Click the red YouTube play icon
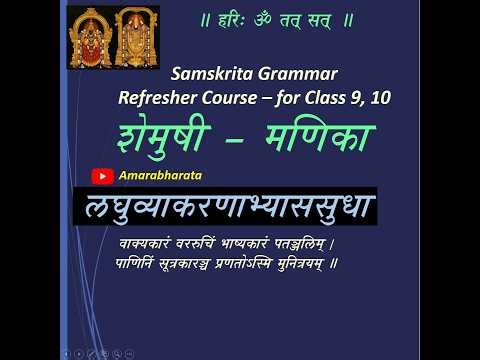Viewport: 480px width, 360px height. pyautogui.click(x=101, y=176)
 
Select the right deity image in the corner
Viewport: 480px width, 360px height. pyautogui.click(x=132, y=37)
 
